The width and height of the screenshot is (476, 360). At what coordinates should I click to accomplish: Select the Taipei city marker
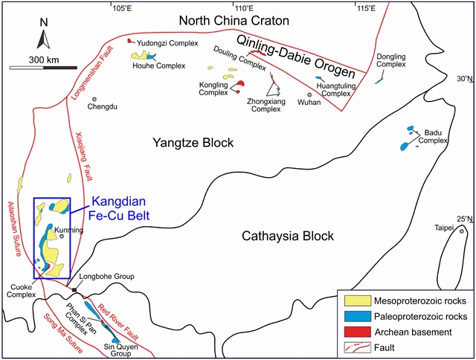(x=463, y=231)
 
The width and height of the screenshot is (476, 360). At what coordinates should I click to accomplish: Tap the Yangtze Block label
(x=193, y=142)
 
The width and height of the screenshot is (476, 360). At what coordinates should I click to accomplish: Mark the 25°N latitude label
(x=465, y=218)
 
